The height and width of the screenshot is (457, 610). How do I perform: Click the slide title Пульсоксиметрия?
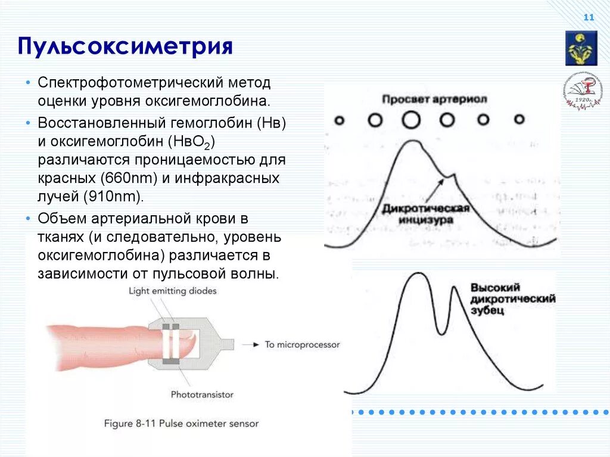[x=125, y=46]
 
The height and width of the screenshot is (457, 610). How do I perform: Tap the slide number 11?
[x=589, y=18]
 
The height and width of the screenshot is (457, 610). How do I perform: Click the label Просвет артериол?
[x=435, y=99]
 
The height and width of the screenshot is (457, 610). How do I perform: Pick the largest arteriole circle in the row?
[x=410, y=120]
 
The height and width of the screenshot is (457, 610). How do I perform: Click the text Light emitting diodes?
[x=172, y=291]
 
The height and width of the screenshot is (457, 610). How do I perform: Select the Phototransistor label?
[x=202, y=394]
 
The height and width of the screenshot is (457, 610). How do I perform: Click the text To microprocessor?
[x=302, y=344]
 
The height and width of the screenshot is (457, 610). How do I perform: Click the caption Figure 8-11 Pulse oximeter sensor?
[x=181, y=424]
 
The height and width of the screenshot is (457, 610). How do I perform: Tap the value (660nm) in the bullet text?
[x=129, y=178]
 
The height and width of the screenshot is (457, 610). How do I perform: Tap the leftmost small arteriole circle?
[x=339, y=120]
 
